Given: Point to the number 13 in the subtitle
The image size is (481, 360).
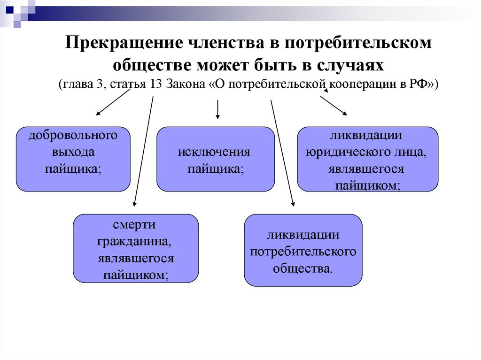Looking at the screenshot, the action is (x=156, y=84).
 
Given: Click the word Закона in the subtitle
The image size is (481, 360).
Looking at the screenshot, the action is (x=186, y=84).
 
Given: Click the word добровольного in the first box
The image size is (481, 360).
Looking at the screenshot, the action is (x=73, y=136).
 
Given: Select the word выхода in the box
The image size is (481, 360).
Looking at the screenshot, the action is (x=73, y=152).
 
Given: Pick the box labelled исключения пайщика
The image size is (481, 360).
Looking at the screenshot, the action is (x=216, y=159).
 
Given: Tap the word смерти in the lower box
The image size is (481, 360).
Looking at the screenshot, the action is (x=134, y=225).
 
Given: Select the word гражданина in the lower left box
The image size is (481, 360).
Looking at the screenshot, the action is (x=134, y=242).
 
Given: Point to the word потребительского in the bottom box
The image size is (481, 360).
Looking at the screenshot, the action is (x=303, y=252).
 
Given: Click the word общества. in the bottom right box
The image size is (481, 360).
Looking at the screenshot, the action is (x=303, y=268).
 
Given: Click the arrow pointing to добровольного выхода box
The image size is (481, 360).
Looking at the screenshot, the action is (x=113, y=102).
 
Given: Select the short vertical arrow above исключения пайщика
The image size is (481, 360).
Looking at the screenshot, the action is (x=218, y=109).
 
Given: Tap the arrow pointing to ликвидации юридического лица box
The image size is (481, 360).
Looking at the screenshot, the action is (x=334, y=106).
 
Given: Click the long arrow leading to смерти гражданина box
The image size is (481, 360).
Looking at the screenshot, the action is (x=143, y=151).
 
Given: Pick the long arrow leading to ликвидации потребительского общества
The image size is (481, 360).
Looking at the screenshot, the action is (x=282, y=153).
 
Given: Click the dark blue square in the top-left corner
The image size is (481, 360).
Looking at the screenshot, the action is (x=9, y=9).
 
